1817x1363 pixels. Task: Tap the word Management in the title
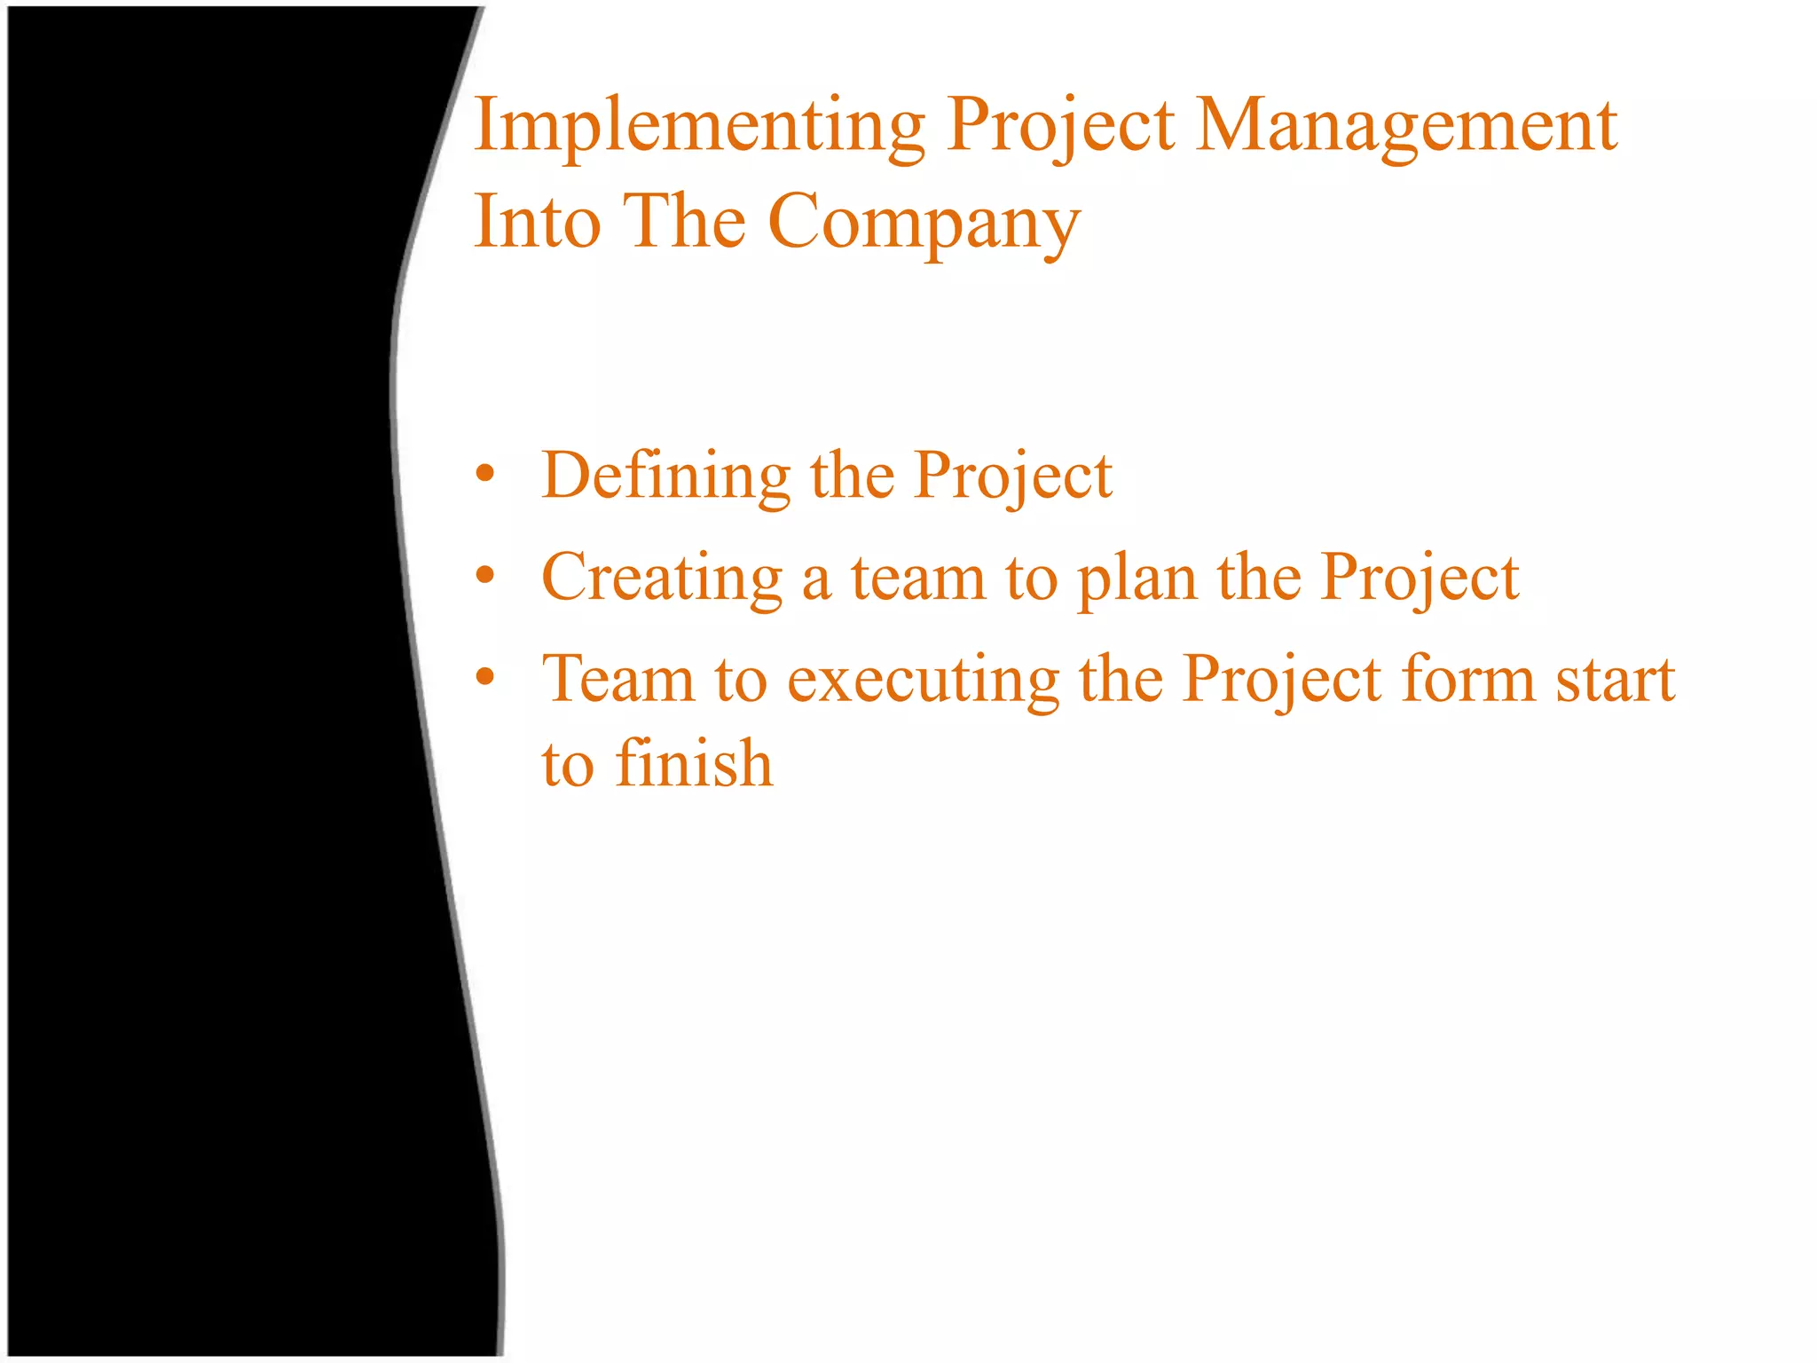coord(1406,127)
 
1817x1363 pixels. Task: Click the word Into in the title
coord(538,222)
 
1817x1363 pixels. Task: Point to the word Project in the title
coord(1061,127)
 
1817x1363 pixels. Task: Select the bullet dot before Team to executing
coord(484,678)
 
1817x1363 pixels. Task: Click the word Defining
coord(665,477)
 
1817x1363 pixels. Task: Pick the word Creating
coord(662,579)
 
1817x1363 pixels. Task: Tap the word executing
coord(924,681)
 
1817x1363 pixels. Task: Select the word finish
coord(694,763)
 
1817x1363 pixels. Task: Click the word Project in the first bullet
coord(1013,477)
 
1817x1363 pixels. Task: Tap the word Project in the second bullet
coord(1420,579)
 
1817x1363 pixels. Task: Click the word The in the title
coord(684,222)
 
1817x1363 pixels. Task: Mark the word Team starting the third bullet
coord(618,679)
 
